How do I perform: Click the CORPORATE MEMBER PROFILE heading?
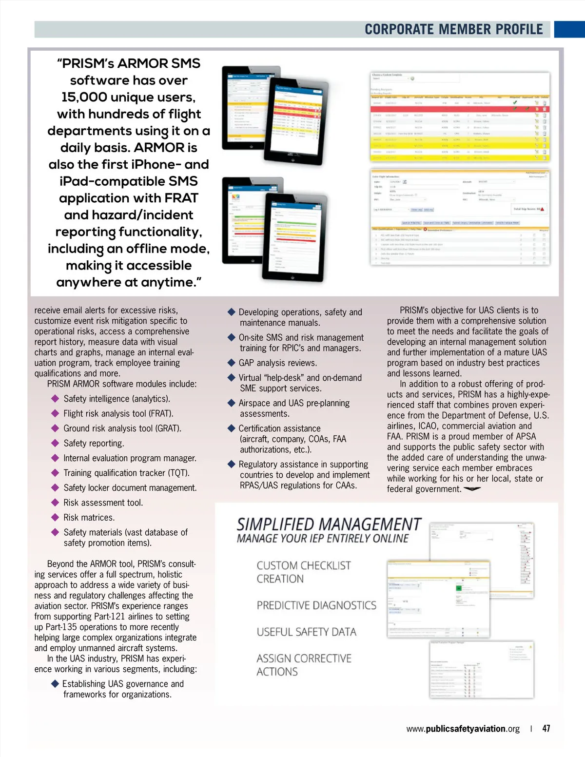pos(453,29)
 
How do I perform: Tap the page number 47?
pos(546,728)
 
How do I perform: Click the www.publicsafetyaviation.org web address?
pos(463,729)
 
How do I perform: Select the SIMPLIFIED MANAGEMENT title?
pos(329,524)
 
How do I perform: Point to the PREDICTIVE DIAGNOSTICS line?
pos(316,605)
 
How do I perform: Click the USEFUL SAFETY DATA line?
pos(306,632)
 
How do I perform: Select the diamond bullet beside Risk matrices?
pos(55,517)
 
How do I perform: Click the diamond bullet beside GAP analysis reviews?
pos(232,363)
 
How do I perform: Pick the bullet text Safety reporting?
pos(94,443)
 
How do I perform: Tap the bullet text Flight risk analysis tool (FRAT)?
pos(118,413)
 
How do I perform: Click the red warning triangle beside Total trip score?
pos(542,209)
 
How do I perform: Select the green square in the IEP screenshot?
pos(459,588)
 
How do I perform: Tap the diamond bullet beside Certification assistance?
pos(232,428)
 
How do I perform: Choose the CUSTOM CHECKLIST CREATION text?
pos(303,572)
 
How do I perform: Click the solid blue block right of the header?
pos(569,29)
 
